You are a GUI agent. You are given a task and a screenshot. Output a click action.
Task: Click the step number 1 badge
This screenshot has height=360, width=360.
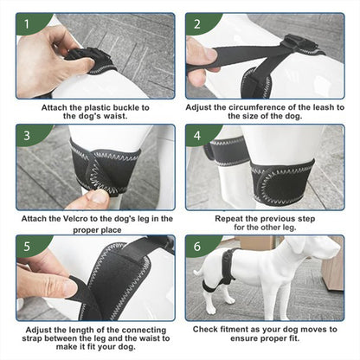point(27,24)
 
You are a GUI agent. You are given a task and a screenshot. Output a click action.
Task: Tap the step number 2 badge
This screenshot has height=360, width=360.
point(197,24)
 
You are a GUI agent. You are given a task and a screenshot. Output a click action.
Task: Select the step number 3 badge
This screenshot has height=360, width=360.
point(27,135)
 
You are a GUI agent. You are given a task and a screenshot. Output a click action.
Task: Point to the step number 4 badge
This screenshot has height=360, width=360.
point(197,135)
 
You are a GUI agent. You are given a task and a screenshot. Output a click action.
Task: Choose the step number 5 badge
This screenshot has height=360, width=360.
point(27,247)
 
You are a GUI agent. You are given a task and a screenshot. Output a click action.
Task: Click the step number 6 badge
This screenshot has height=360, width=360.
point(197,247)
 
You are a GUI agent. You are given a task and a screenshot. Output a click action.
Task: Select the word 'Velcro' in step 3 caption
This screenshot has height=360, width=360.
point(75,219)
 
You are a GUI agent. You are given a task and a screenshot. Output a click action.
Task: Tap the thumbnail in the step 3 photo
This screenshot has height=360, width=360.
point(99,197)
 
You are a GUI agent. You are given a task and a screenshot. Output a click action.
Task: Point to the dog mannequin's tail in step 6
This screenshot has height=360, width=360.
point(199,273)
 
